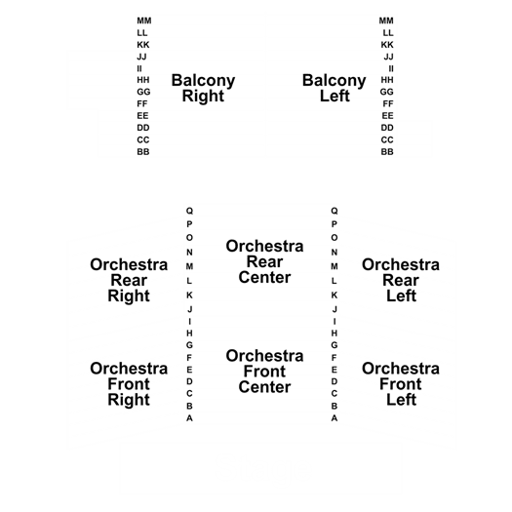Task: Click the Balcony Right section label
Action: click(x=203, y=88)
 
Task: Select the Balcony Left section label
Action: click(x=335, y=88)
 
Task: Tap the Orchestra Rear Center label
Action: click(x=264, y=261)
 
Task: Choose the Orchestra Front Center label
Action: click(x=264, y=372)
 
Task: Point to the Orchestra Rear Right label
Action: click(x=129, y=280)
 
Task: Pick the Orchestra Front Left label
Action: click(x=401, y=384)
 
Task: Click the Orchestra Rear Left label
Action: click(x=401, y=280)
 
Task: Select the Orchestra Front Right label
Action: click(x=129, y=384)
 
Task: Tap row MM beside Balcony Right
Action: click(x=144, y=20)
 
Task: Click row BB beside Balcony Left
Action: click(x=387, y=152)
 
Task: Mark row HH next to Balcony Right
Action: click(x=143, y=80)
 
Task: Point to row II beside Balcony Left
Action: click(x=391, y=68)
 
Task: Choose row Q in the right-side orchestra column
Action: click(x=335, y=211)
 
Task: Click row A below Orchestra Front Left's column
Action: click(x=335, y=418)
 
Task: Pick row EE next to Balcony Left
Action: click(x=387, y=116)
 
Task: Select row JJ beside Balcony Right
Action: click(x=141, y=57)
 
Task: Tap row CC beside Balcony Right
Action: click(x=143, y=140)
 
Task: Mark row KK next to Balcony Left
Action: click(x=387, y=45)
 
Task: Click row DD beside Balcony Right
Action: click(x=143, y=128)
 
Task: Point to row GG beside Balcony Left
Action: click(x=386, y=92)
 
